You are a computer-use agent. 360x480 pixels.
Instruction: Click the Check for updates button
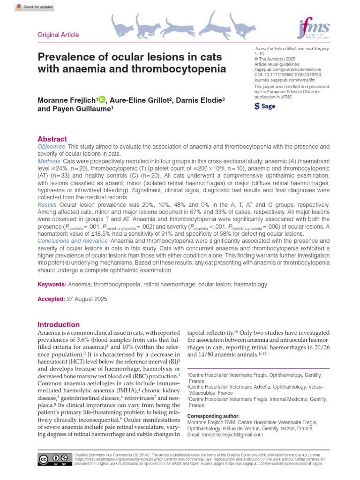pos(34,7)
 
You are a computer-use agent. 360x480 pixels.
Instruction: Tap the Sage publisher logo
pos(265,106)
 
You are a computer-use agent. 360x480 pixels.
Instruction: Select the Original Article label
pos(58,35)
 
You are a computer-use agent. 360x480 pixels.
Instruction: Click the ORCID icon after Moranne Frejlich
pos(102,99)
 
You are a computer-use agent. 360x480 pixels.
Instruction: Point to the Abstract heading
pos(52,139)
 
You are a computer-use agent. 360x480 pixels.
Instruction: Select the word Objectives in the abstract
pos(52,147)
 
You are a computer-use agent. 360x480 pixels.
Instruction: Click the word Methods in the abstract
pos(49,161)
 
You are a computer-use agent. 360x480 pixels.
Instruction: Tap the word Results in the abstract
pos(47,205)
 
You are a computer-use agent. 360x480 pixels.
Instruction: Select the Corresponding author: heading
pos(213,416)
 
